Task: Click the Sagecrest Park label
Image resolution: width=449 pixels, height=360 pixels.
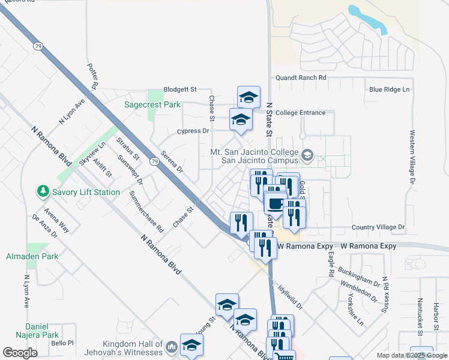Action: (x=152, y=104)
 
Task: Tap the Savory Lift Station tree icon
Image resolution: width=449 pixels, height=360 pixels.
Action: (x=43, y=191)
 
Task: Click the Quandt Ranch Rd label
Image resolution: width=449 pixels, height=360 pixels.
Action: (x=300, y=78)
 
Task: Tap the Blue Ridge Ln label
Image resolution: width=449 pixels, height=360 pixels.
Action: (x=389, y=89)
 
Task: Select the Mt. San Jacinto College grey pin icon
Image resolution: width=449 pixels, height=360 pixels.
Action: (x=308, y=156)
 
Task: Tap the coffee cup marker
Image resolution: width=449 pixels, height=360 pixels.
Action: (x=275, y=204)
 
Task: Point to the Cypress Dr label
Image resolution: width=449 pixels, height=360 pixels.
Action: (x=193, y=131)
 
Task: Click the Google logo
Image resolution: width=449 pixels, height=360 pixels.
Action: (x=21, y=353)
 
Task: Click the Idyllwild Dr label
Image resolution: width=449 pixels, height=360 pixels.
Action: (x=291, y=297)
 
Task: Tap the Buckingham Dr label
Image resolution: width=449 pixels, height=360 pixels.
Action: (x=363, y=273)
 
